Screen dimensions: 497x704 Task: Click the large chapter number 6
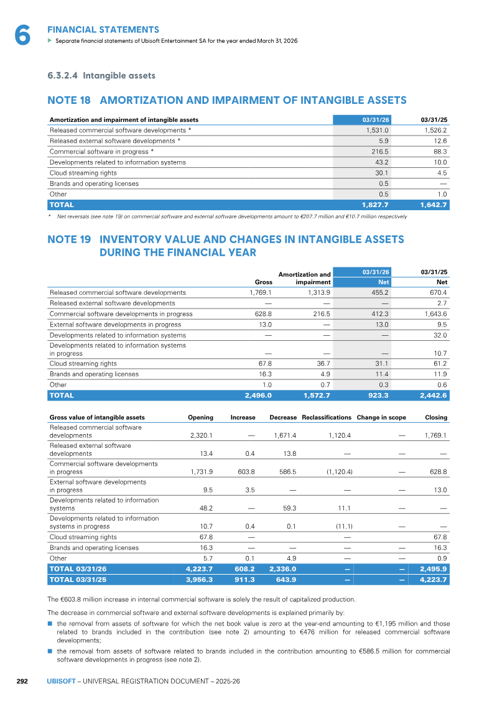(22, 35)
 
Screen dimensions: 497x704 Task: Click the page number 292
(22, 681)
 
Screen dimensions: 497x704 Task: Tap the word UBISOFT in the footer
(61, 681)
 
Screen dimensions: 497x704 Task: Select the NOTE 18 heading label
(69, 100)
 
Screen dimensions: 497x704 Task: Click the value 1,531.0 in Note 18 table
(378, 130)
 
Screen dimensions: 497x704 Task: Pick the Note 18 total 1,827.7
(375, 205)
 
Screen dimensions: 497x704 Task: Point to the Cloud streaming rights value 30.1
(382, 173)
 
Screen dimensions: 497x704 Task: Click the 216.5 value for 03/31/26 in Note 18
(380, 152)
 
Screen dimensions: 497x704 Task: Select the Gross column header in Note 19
(264, 282)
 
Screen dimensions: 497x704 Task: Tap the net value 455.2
(380, 292)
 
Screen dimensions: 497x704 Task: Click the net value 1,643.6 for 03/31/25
(435, 314)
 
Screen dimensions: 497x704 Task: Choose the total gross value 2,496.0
(258, 396)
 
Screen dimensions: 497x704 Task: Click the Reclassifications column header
(327, 417)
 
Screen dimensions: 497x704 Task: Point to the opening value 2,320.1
(202, 435)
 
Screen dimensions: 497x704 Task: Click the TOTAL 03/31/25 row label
(78, 580)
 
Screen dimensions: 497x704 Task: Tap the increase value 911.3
(244, 580)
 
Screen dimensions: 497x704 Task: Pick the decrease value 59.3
(290, 508)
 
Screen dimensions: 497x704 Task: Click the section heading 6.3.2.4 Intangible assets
(101, 75)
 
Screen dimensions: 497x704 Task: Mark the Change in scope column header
(381, 417)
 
